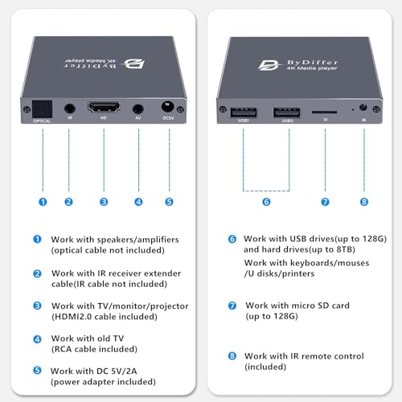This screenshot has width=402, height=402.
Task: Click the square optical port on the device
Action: pos(42,109)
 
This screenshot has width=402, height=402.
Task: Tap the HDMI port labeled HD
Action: pos(104,107)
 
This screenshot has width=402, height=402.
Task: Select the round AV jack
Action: pos(138,109)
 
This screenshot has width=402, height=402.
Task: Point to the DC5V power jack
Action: pos(168,106)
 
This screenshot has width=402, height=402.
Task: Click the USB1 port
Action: pos(244,113)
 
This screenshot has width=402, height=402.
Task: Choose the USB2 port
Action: pos(286,113)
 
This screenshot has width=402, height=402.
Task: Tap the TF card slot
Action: pos(324,112)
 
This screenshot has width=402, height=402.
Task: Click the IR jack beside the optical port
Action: pos(70,109)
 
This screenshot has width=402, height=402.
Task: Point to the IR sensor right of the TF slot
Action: pos(363,108)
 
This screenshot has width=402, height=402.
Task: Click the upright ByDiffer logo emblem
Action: pos(269,65)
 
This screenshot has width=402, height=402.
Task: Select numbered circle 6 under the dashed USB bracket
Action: pos(266,202)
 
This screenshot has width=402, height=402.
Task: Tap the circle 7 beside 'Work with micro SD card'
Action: pos(232,306)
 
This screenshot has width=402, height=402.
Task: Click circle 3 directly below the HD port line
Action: pos(104,202)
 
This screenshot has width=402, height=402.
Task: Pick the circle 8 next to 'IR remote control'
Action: pos(232,356)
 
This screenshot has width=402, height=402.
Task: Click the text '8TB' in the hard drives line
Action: pos(344,249)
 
